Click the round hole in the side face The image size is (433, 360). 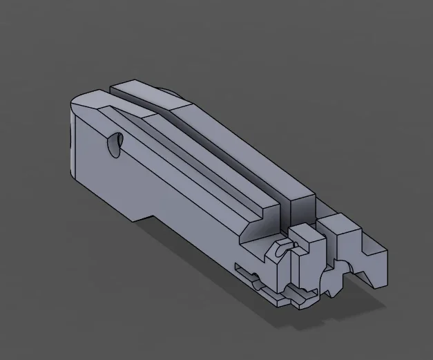coord(115,144)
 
